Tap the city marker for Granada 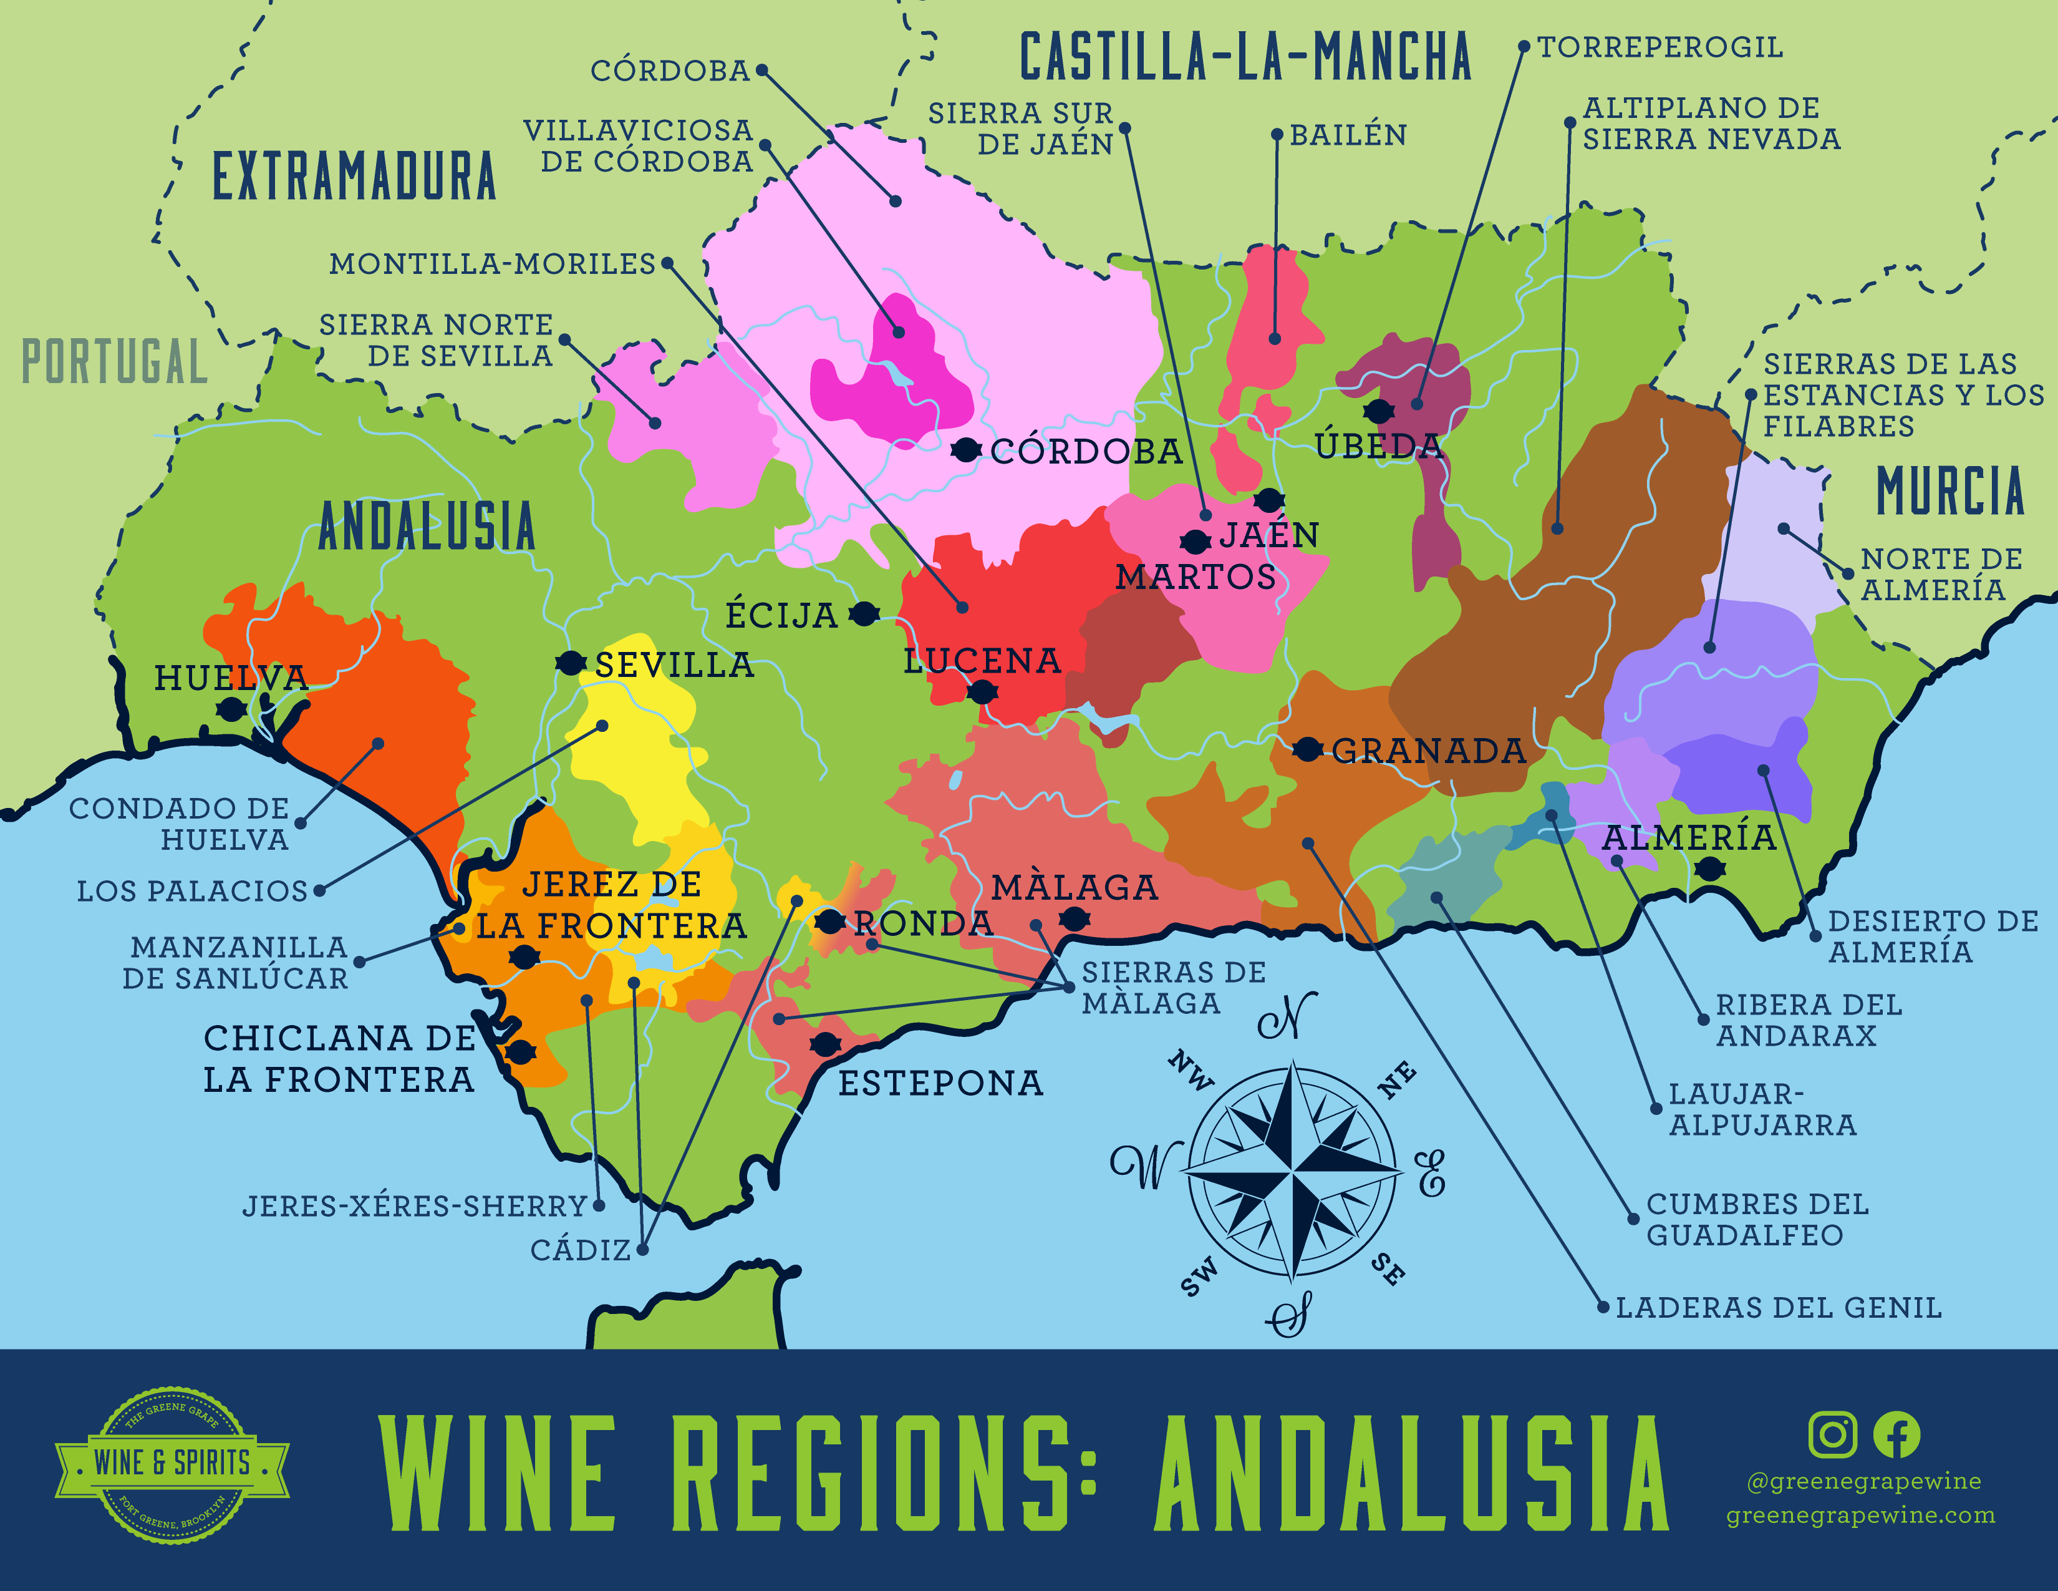click(x=1307, y=750)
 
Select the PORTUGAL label click(x=114, y=362)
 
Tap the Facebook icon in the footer click(x=1896, y=1434)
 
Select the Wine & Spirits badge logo click(x=173, y=1464)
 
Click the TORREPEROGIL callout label click(x=1659, y=47)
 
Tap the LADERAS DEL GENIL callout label click(x=1778, y=1308)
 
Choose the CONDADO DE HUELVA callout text click(x=179, y=824)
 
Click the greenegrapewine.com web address click(x=1860, y=1516)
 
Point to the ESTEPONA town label click(x=940, y=1084)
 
